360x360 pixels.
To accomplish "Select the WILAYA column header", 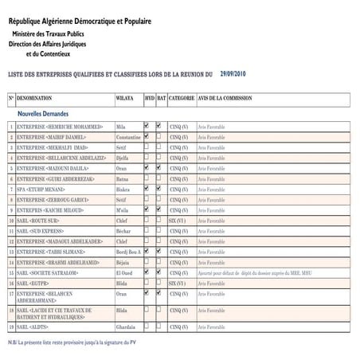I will pyautogui.click(x=126, y=98).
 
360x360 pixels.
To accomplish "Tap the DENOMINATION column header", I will pyautogui.click(x=41, y=98).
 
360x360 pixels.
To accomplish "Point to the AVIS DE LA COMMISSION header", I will pyautogui.click(x=225, y=98).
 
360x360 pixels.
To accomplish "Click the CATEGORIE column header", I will pyautogui.click(x=182, y=98).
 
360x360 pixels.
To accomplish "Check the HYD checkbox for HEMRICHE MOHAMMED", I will pyautogui.click(x=147, y=126).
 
